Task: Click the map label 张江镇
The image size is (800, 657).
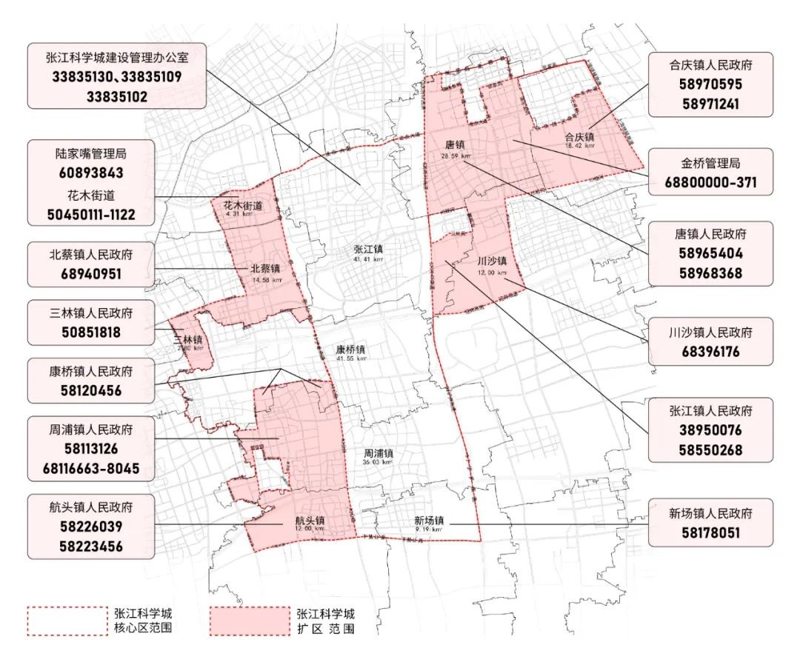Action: coord(368,249)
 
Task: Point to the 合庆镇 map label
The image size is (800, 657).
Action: coord(579,136)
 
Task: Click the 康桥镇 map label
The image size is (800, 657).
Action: coord(350,348)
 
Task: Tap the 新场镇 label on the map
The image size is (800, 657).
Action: coord(429,520)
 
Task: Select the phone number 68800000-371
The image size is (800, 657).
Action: coord(700,182)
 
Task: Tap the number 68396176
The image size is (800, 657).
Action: coord(700,352)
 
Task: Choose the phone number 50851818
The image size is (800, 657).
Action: coord(93,333)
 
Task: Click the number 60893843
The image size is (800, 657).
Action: coord(93,173)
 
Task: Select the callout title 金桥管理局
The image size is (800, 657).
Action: coord(700,163)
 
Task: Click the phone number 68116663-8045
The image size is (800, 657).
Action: coord(93,468)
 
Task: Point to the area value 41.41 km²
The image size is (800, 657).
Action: coord(368,259)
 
